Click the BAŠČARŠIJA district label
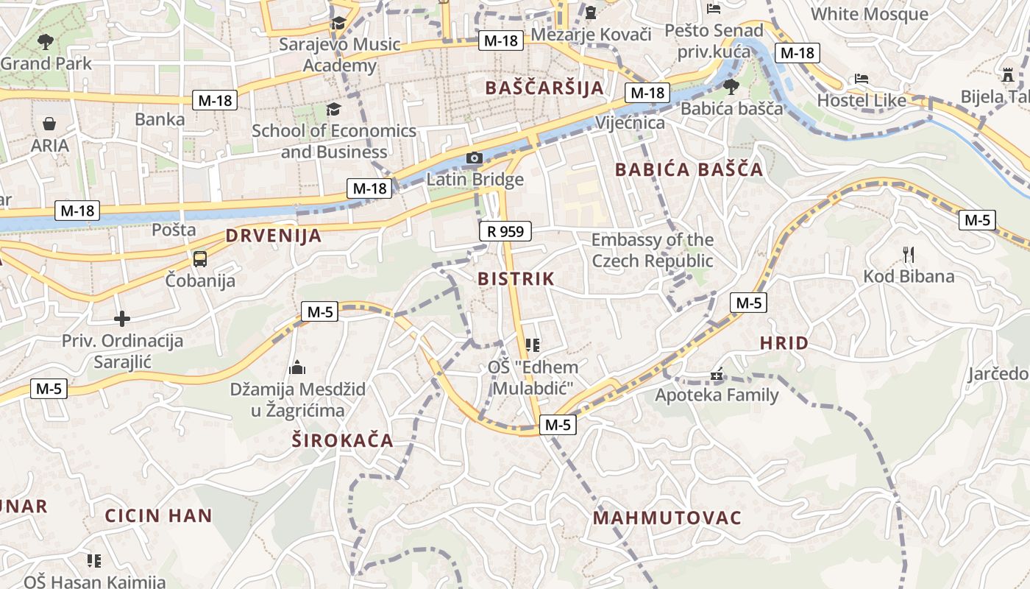(544, 88)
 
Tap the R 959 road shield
(505, 232)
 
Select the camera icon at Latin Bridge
(475, 158)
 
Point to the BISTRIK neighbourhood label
(516, 279)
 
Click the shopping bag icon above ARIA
(49, 123)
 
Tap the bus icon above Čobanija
(199, 258)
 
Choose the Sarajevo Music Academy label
(340, 54)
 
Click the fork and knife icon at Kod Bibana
(909, 255)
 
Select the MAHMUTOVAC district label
(667, 518)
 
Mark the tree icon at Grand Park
(46, 41)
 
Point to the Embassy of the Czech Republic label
(653, 250)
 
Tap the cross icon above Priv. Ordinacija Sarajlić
(122, 319)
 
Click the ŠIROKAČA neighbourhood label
(342, 441)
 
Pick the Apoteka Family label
(717, 395)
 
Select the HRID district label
(784, 342)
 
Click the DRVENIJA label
(274, 236)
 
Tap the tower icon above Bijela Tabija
(1007, 75)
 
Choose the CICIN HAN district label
(158, 515)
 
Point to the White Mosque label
(869, 14)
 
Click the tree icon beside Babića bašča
(731, 87)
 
